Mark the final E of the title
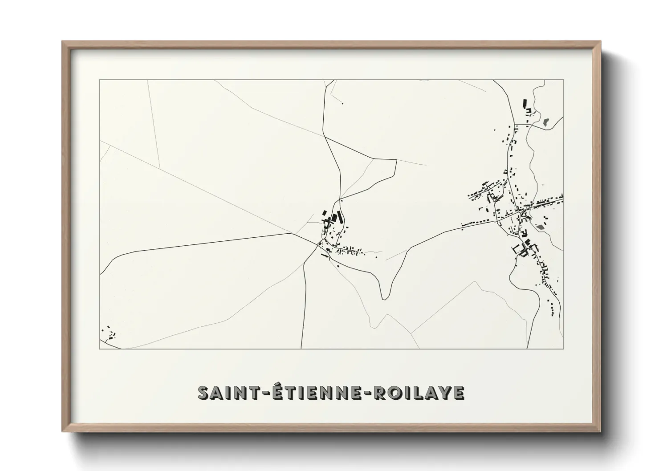coord(460,393)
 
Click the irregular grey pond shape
coord(546,120)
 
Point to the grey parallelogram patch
coord(541,227)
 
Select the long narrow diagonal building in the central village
coord(341,218)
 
